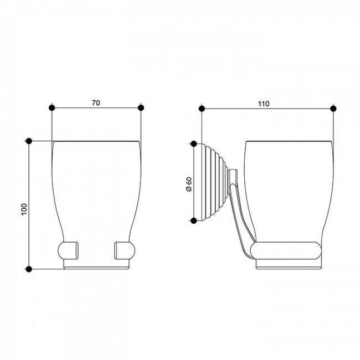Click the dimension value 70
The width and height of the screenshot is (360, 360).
pos(96,103)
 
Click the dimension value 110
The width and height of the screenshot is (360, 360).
pos(263,104)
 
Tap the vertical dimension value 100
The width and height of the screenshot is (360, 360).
pos(24,209)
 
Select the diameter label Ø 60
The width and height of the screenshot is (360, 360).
pos(188,184)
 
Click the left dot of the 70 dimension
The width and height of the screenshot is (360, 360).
pos(52,107)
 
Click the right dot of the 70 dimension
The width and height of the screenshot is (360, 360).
pos(141,107)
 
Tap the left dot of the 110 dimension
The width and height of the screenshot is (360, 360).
pos(202,109)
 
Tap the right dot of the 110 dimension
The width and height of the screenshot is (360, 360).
pos(333,109)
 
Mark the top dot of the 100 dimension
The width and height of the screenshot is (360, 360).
pos(29,141)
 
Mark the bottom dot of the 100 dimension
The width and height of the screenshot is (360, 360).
pos(29,269)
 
